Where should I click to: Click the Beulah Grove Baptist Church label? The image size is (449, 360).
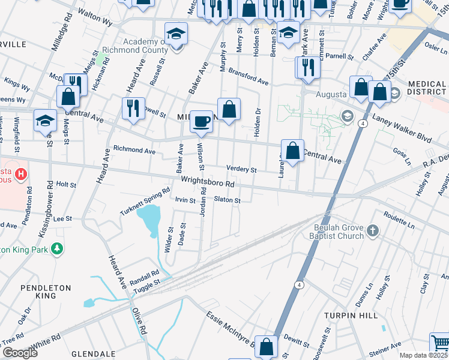pos(339,232)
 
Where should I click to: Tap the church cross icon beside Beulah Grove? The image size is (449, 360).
pos(373,230)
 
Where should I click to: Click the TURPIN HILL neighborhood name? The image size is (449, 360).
pos(351,316)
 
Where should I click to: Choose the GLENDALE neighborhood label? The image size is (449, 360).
pos(93,354)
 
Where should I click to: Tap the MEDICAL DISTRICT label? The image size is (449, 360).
pos(427,89)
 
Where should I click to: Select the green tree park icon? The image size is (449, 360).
pos(57,248)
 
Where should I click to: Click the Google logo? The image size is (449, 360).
pos(20,353)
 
